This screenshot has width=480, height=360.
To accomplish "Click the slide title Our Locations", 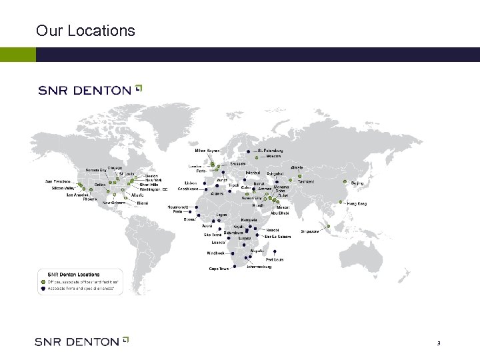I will (x=85, y=31).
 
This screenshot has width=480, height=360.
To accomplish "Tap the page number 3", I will (x=439, y=343).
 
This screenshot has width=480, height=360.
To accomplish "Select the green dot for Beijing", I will (x=345, y=182).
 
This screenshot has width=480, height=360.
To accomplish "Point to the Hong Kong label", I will (x=357, y=203).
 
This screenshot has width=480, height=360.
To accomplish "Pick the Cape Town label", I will (x=219, y=269).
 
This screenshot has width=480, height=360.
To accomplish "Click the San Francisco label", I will (x=58, y=181).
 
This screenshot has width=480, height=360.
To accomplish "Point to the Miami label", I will (x=143, y=203).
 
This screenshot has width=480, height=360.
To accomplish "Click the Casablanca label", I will (x=188, y=189).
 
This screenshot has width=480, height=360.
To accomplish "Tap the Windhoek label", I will (x=215, y=253).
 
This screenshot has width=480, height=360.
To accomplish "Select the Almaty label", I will (x=297, y=167).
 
